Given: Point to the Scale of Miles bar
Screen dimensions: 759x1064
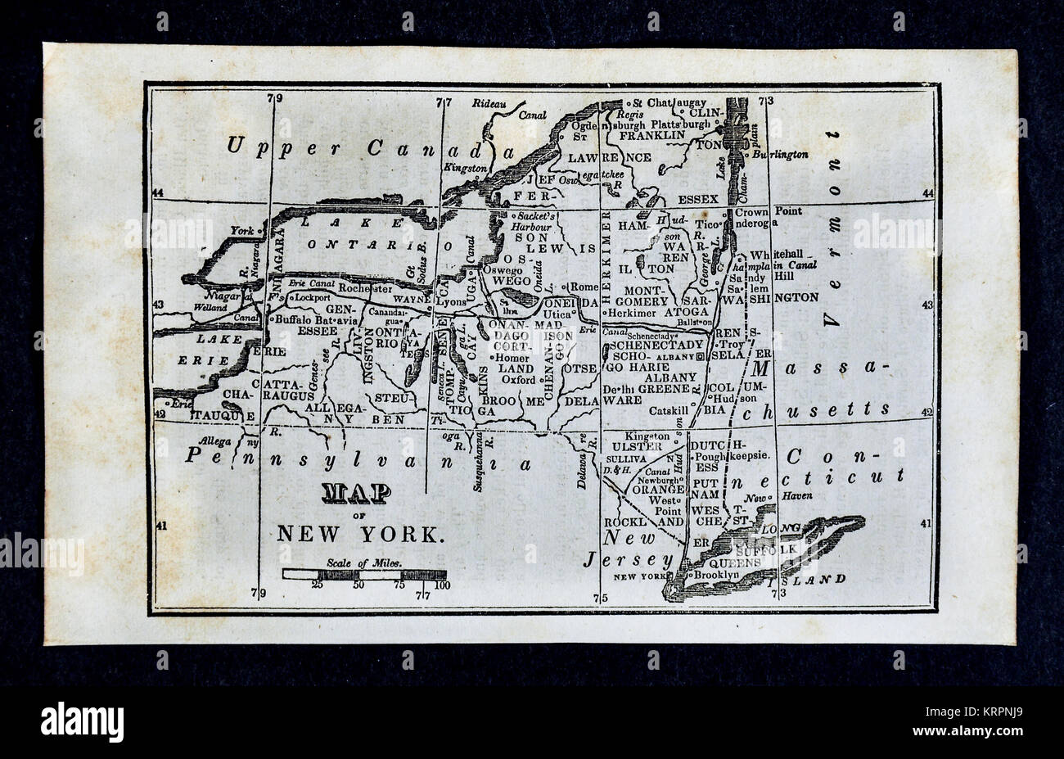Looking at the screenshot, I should click(364, 575).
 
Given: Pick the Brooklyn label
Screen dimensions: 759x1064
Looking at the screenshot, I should click(716, 575).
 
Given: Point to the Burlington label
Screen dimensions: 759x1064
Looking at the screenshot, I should click(780, 154).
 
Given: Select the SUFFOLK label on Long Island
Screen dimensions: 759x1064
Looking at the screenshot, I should click(760, 550).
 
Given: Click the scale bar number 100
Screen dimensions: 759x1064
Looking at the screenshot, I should click(442, 585).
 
